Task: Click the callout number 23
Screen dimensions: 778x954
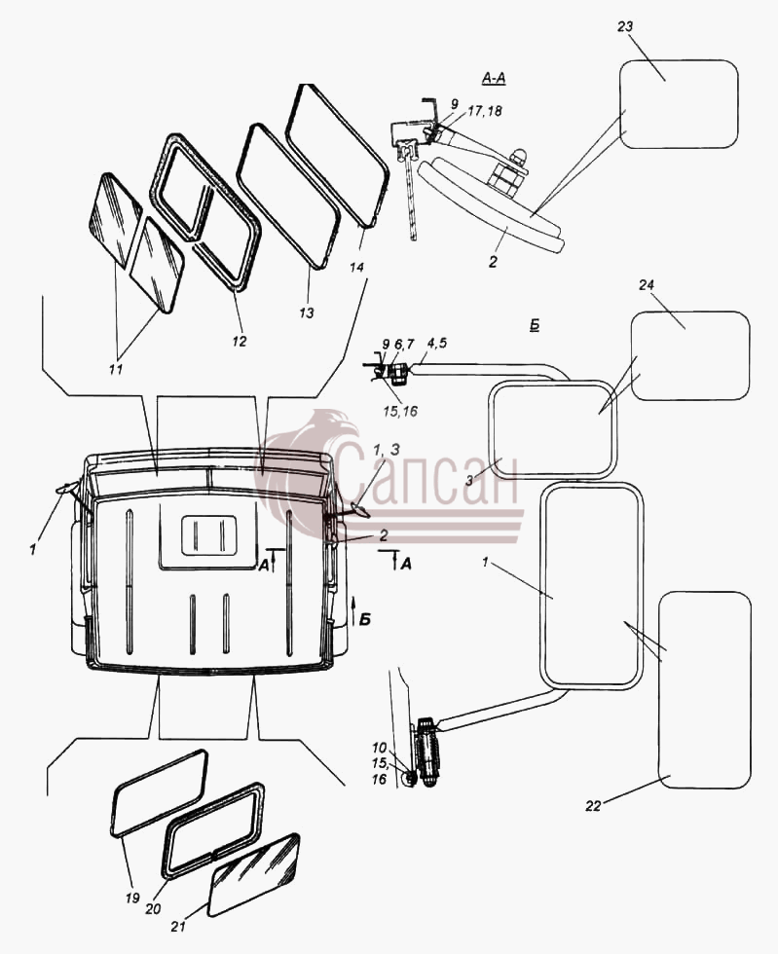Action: click(x=624, y=27)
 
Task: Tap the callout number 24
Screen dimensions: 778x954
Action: click(x=647, y=284)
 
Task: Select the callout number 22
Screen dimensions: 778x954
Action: click(x=593, y=806)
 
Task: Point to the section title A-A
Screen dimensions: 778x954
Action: click(x=494, y=78)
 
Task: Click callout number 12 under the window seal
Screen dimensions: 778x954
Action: click(x=240, y=341)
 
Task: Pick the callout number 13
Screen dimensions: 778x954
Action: click(x=306, y=312)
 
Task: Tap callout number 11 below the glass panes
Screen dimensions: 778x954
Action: click(x=115, y=369)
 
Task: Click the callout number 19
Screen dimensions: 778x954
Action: click(x=132, y=898)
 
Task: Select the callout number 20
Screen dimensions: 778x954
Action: click(x=153, y=908)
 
